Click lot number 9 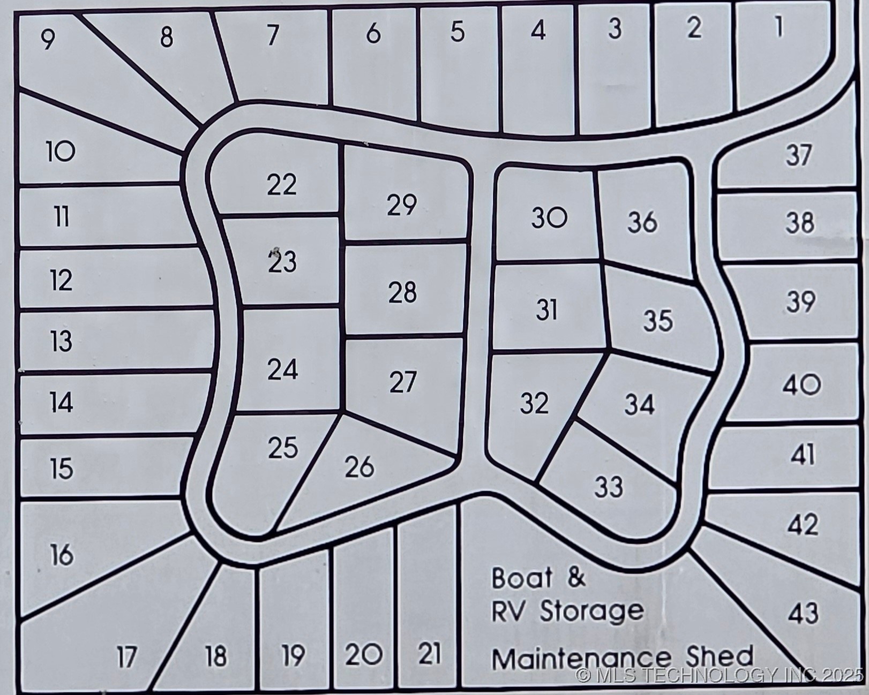(x=48, y=39)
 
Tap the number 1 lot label (x=778, y=27)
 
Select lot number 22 (x=282, y=185)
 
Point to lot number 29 (x=402, y=205)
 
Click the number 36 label (x=642, y=222)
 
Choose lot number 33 (x=609, y=487)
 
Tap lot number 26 (x=359, y=467)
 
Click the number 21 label (x=429, y=653)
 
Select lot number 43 (x=803, y=613)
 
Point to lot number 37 (x=799, y=155)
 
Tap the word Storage (x=591, y=611)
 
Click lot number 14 (x=62, y=402)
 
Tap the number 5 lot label (x=457, y=32)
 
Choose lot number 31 (x=546, y=310)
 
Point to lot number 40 (x=801, y=385)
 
